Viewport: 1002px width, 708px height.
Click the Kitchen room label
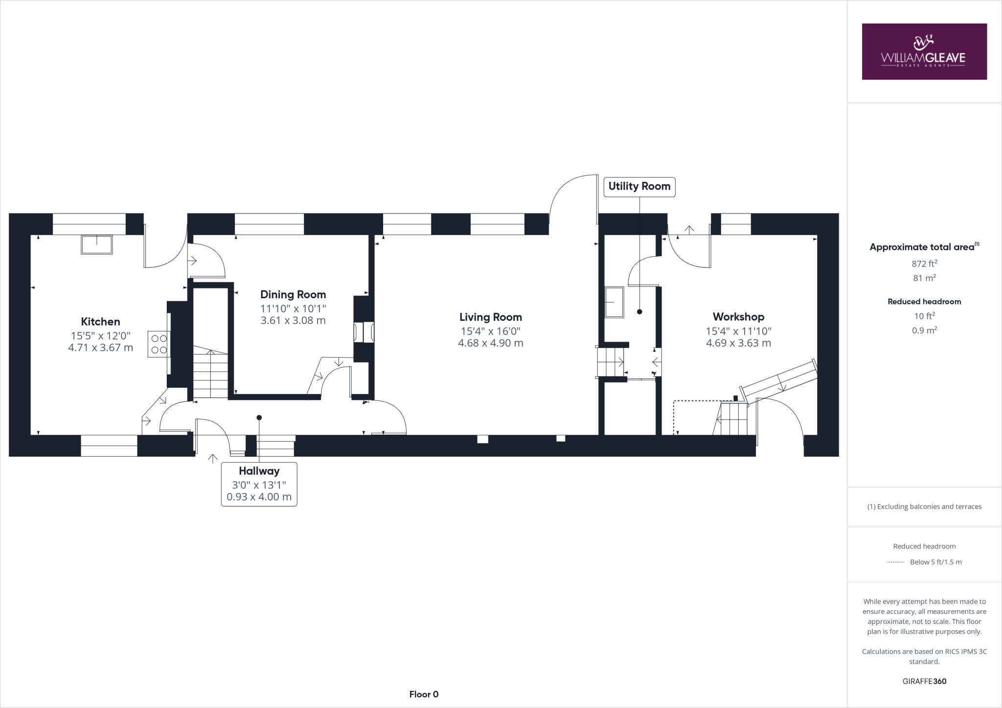[x=100, y=321]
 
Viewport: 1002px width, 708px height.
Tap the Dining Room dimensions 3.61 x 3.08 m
[x=293, y=321]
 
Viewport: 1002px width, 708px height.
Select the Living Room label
[x=490, y=317]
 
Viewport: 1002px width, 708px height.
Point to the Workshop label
[x=738, y=316]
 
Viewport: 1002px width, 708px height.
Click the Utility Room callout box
[x=639, y=186]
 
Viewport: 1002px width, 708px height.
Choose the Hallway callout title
[x=259, y=471]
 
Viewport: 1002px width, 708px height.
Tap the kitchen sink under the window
[x=97, y=244]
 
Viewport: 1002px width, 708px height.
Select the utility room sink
[x=615, y=302]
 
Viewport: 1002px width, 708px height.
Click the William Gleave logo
[x=924, y=52]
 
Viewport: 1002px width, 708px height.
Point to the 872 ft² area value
[x=924, y=264]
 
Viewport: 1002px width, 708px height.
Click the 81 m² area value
[x=924, y=278]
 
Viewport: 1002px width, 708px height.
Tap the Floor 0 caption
[x=424, y=694]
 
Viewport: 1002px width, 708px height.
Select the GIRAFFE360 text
[x=924, y=681]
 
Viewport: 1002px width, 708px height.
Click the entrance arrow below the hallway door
[x=213, y=459]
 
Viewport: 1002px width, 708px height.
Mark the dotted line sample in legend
[x=895, y=562]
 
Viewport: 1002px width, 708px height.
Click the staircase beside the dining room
[x=211, y=374]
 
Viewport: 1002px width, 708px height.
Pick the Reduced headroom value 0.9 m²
[x=924, y=330]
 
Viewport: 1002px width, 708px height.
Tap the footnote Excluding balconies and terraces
[x=924, y=507]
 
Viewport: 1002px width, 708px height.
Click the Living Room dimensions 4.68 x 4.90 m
[x=490, y=343]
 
